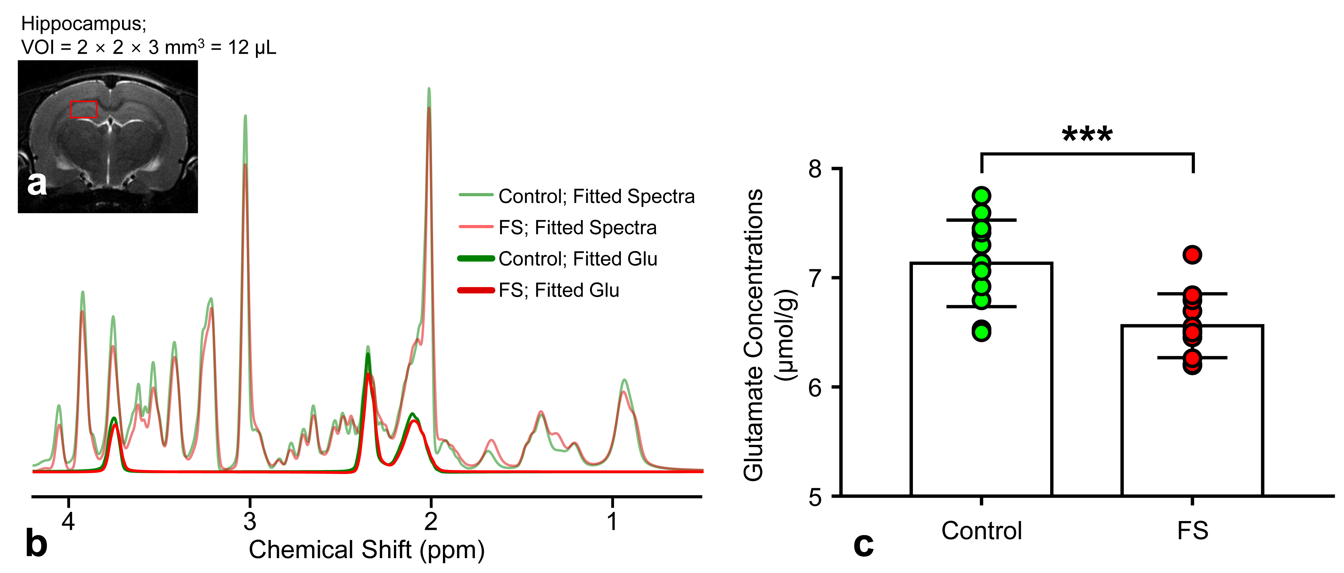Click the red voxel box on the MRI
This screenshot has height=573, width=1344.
click(84, 109)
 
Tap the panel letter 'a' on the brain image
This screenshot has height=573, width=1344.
click(37, 183)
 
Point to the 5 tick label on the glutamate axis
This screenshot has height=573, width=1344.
click(815, 497)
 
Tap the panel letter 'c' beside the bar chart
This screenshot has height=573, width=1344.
click(864, 545)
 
